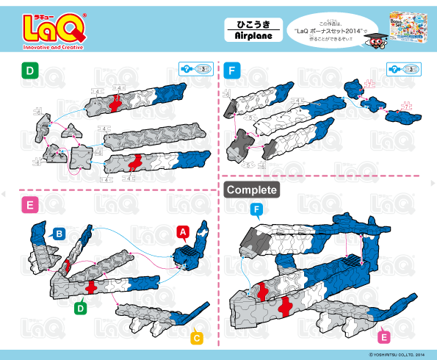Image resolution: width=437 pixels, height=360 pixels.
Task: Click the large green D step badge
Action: [x=30, y=71]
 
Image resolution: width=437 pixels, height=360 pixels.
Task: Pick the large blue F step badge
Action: [x=234, y=71]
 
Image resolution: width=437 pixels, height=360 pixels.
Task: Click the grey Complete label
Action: [x=252, y=190]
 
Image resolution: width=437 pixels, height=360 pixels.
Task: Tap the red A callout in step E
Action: [x=181, y=233]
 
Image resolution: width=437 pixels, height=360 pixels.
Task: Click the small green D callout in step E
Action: [x=81, y=309]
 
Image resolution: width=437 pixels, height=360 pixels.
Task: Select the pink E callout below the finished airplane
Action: [x=383, y=337]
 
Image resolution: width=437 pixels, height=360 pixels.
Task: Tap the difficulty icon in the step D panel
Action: [x=195, y=69]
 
